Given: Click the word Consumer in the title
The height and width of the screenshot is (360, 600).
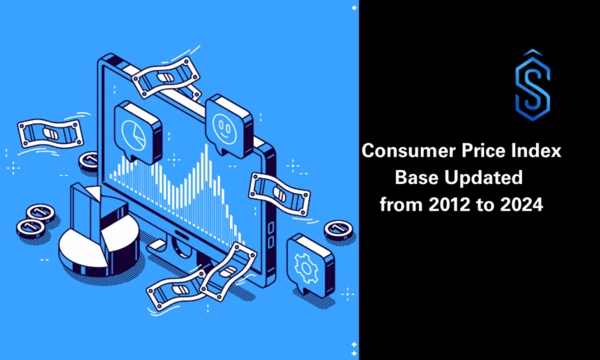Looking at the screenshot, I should click(x=402, y=152).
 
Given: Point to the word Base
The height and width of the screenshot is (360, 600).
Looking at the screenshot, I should click(x=417, y=178).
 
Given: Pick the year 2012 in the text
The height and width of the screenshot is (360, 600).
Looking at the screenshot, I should click(x=444, y=205).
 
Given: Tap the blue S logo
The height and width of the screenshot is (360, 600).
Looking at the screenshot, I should click(x=532, y=80).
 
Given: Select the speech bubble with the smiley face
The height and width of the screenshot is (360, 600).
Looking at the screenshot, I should click(x=226, y=123).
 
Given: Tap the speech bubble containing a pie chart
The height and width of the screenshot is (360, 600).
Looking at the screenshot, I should click(x=138, y=130).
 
